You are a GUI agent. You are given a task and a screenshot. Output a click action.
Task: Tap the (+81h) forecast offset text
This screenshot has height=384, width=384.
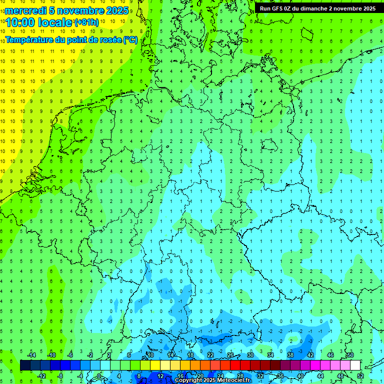86,22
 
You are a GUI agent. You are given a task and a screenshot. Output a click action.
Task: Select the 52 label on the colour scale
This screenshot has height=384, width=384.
360,375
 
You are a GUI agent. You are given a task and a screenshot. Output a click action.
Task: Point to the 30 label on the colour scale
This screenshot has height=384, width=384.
250,354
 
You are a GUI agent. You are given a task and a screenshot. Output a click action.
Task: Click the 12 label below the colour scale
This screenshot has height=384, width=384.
160,375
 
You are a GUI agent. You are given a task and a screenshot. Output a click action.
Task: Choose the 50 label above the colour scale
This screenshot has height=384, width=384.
350,354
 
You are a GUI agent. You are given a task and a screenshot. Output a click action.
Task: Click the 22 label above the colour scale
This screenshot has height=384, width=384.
210,354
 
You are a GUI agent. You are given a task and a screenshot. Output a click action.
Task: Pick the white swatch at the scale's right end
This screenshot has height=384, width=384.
355,365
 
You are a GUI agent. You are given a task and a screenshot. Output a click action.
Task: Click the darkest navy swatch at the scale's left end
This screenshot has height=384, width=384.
25,365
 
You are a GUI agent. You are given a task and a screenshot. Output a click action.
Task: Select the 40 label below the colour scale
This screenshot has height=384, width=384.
300,375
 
